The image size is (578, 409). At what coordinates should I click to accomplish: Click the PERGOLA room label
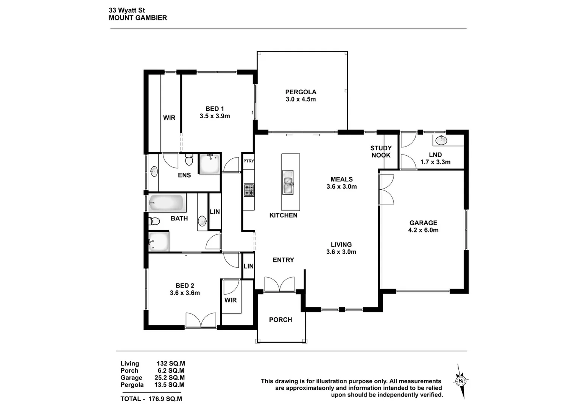coord(301,92)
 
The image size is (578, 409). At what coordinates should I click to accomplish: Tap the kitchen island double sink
coord(288,182)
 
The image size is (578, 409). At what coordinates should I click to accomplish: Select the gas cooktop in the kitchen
coord(249,190)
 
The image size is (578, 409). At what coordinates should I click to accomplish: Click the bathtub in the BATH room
coord(167,203)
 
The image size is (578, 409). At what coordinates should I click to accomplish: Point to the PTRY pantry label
coord(249,161)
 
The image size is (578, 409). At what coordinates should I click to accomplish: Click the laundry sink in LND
coord(441,140)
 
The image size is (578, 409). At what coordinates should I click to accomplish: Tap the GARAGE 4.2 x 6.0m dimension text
coord(423,230)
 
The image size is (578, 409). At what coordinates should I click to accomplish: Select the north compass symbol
coord(461,381)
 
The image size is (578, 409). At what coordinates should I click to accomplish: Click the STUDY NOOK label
coord(381,151)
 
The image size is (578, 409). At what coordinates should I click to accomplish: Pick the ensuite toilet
coord(189,160)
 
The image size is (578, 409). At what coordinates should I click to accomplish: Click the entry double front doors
coord(279,284)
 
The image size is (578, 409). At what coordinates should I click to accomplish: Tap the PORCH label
coord(280,320)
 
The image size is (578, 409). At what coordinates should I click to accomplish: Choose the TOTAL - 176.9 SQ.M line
coord(151,399)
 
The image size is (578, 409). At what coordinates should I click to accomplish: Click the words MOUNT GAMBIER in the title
coord(138,18)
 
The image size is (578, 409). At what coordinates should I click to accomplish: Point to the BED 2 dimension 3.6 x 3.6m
coord(185,293)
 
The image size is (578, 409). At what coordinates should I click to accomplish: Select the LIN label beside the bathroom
coord(215,212)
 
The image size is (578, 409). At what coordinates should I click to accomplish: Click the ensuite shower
coord(209,164)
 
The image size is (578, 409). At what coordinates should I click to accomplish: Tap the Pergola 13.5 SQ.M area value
coord(169,385)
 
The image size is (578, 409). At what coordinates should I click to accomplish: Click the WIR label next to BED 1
coord(169,118)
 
